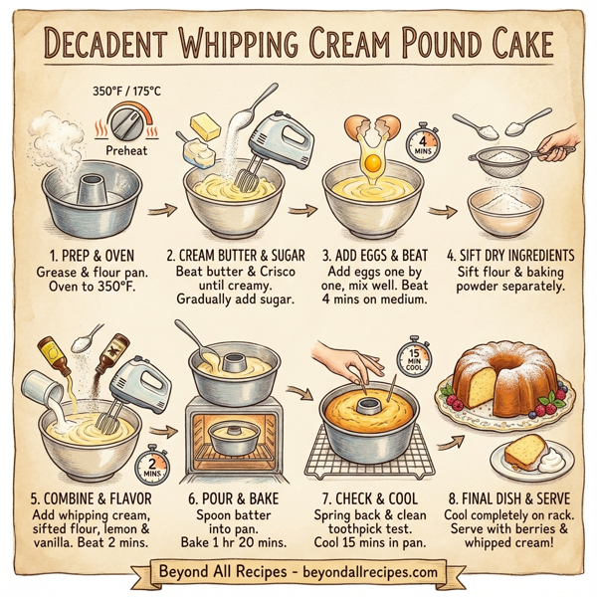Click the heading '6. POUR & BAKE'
[x=227, y=497]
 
